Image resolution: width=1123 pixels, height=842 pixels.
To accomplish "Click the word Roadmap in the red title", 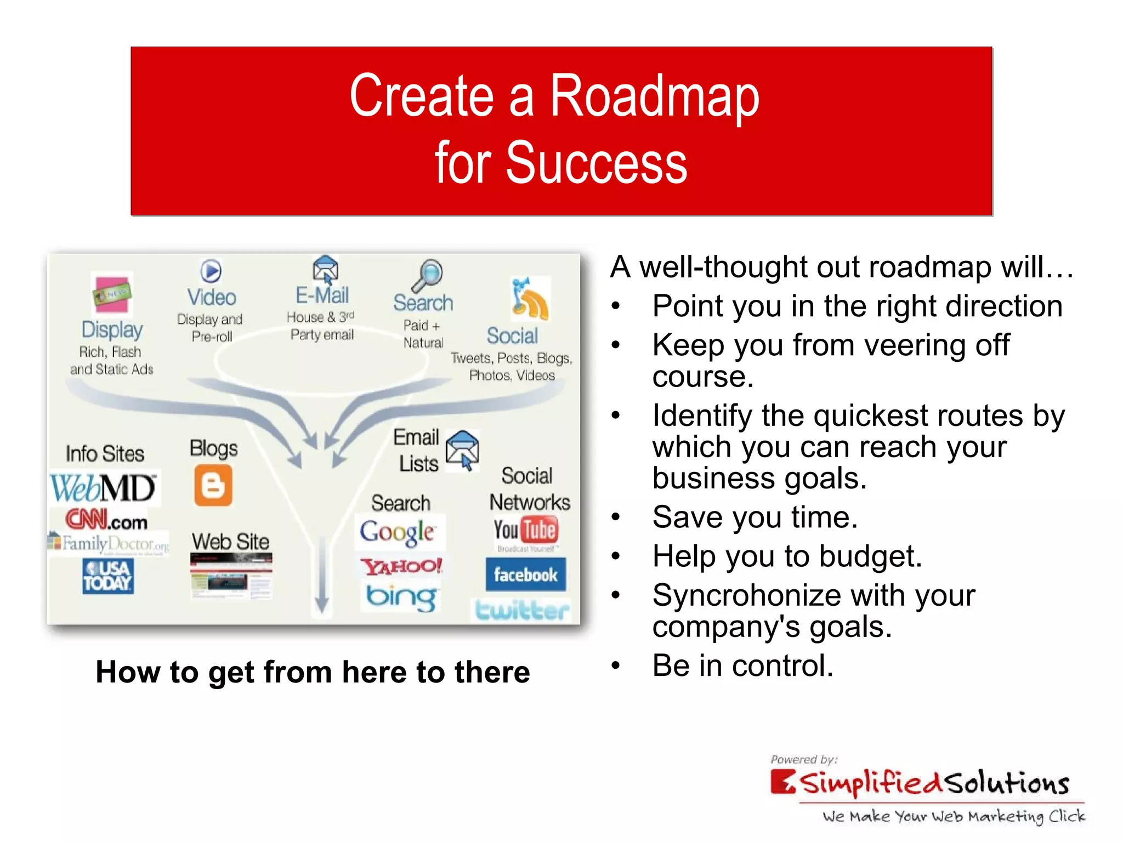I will (x=654, y=97).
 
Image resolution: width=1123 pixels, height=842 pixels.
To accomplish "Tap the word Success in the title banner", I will (x=596, y=163).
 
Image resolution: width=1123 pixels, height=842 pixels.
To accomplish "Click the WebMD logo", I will (x=103, y=487).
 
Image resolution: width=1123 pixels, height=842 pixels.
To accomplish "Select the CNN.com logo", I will (x=107, y=520).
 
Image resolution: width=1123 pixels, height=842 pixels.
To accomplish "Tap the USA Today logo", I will (x=108, y=576).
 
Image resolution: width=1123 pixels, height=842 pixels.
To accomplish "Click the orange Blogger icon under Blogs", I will (x=213, y=486).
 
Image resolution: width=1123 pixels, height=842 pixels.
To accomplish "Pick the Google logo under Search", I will (x=398, y=532).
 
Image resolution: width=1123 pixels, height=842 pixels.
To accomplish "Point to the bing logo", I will (x=402, y=597).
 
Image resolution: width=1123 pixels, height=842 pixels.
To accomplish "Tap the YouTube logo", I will (x=526, y=530).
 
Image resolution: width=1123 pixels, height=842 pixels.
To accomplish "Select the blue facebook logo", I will (x=525, y=574).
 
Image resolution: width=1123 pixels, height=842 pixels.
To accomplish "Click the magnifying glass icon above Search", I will (x=428, y=275).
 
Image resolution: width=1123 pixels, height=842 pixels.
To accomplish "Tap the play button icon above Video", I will (x=211, y=271).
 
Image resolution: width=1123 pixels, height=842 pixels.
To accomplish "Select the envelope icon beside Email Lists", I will (x=462, y=450).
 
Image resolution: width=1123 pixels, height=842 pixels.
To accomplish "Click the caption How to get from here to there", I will (x=313, y=672).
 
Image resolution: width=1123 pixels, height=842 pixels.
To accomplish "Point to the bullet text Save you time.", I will (x=755, y=517).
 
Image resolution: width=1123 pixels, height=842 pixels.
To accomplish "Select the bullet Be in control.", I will (x=742, y=666).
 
